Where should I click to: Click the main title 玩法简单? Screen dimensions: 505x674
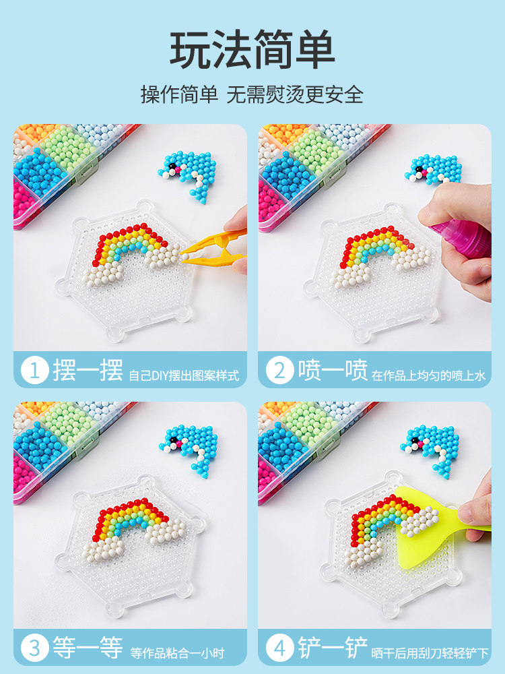[x=252, y=49]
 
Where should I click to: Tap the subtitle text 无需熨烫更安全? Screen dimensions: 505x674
[x=295, y=94]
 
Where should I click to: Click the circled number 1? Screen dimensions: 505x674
[x=34, y=371]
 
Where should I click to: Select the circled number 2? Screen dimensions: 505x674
[x=279, y=371]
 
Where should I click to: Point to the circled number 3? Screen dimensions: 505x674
[x=34, y=648]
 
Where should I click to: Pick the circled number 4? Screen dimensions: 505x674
[x=279, y=648]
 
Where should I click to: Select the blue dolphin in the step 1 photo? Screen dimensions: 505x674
[x=189, y=174]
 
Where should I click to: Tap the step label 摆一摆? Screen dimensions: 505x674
[x=88, y=371]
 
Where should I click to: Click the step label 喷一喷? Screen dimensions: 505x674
[x=333, y=371]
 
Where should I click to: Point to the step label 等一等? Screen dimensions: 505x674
[x=88, y=648]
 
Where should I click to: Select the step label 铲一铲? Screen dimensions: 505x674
[x=333, y=648]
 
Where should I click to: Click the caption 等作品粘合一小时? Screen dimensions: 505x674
[x=177, y=653]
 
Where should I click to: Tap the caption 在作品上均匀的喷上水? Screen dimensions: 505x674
[x=428, y=375]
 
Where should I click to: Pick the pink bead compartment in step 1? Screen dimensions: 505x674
[x=24, y=201]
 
